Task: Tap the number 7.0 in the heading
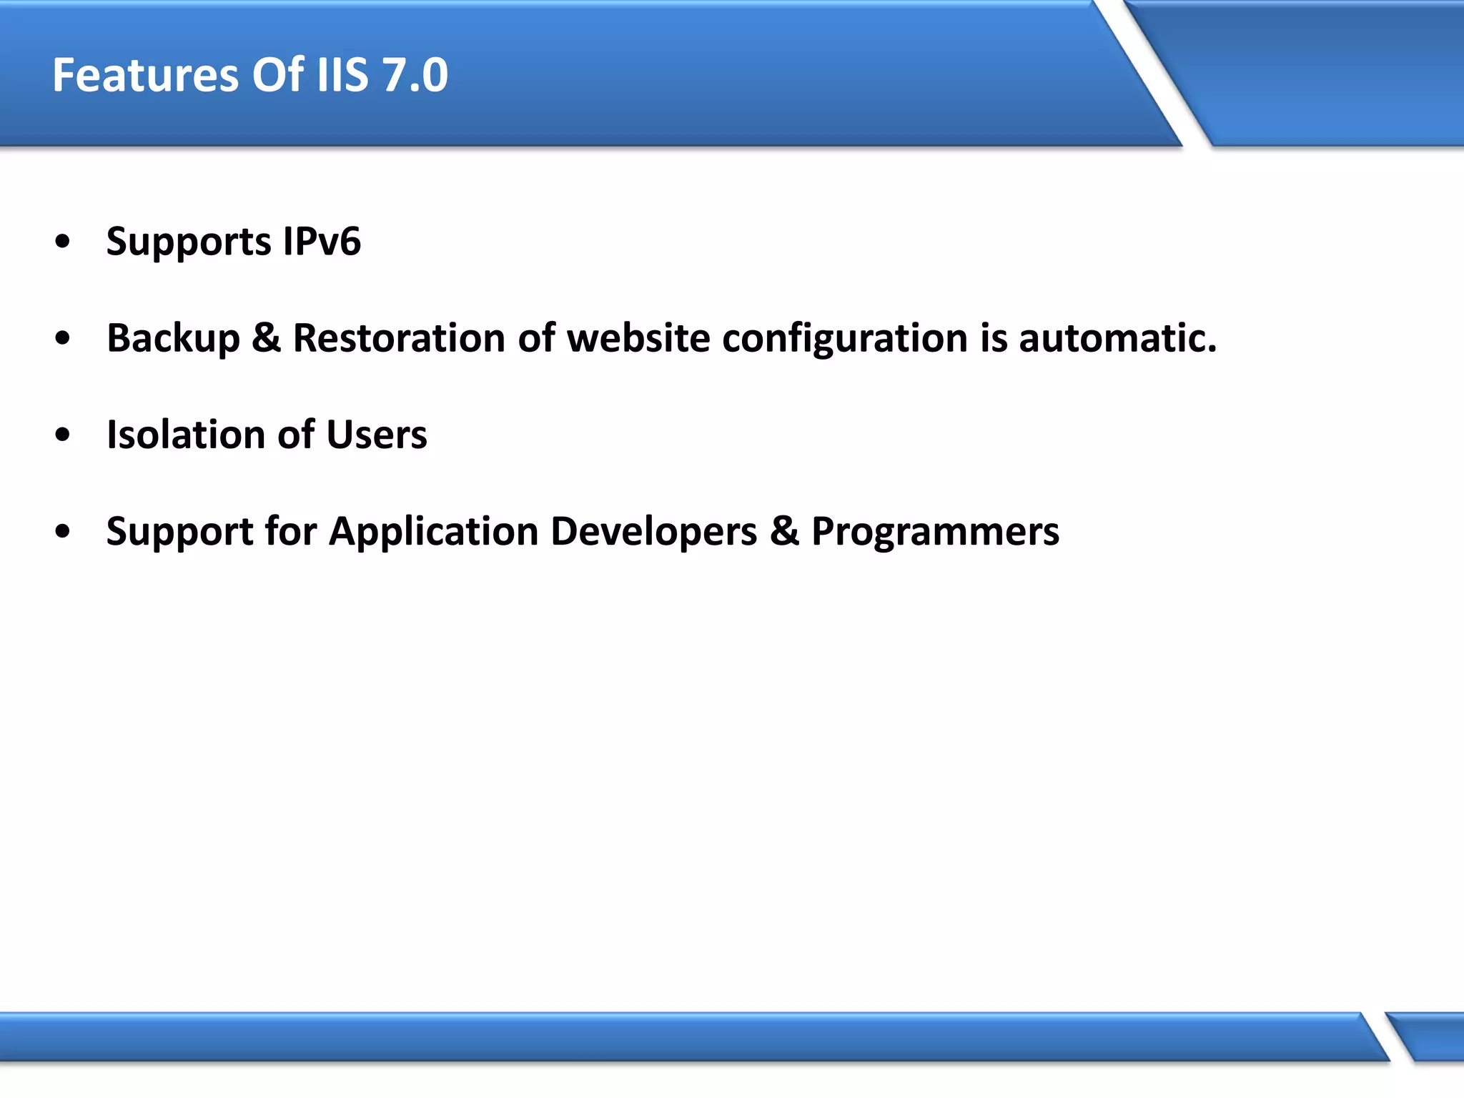point(415,75)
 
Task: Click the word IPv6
point(322,242)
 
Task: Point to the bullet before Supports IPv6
point(63,242)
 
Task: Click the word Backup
point(173,338)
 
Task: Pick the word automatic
point(1117,338)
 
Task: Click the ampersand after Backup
point(266,338)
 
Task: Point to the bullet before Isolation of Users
point(63,435)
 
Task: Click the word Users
point(376,435)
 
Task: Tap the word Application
point(433,533)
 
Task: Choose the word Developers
point(653,533)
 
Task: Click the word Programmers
point(935,533)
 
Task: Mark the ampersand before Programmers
point(784,532)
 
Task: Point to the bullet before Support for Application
point(63,531)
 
